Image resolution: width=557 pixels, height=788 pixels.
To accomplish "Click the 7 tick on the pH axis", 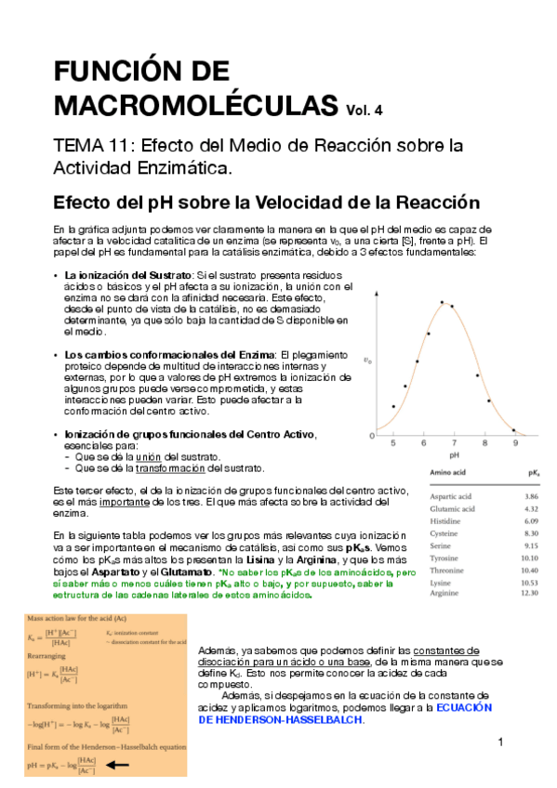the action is (x=454, y=443).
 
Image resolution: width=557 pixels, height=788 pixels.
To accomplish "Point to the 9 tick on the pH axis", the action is (x=515, y=443).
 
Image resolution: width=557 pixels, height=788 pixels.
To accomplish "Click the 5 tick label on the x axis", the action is (x=393, y=443).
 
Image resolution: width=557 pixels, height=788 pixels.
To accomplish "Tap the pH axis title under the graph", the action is (x=454, y=456).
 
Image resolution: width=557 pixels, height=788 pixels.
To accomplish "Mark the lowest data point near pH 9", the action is (x=513, y=430).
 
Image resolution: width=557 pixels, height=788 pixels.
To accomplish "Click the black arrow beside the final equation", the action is (x=117, y=765).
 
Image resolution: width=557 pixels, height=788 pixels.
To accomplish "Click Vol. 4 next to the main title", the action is (x=365, y=110).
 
